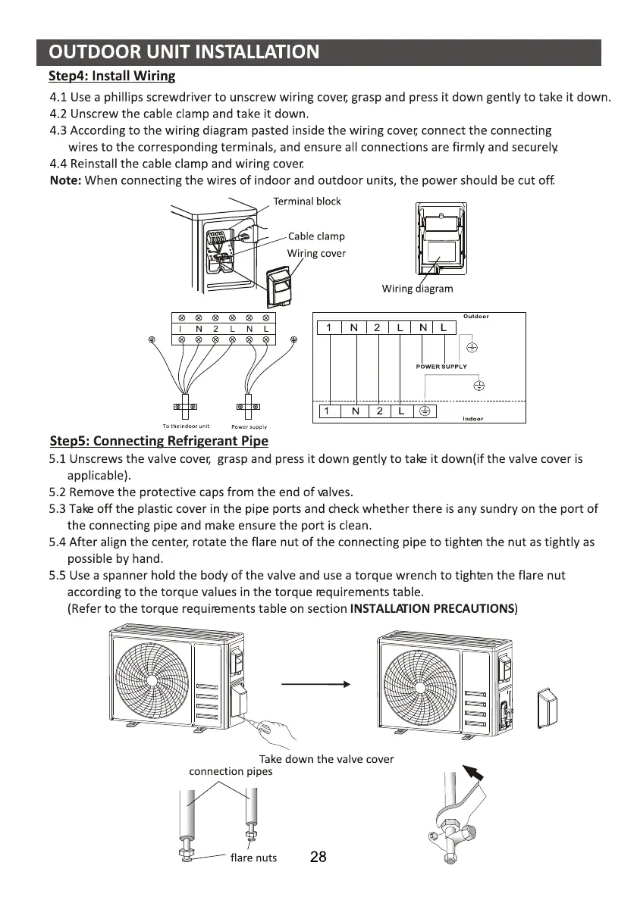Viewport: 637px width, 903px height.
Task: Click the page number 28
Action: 318,857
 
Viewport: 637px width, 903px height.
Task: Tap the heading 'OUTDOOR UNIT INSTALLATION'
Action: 184,52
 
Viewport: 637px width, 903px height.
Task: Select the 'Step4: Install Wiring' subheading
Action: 111,76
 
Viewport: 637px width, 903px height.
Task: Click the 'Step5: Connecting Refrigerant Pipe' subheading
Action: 159,441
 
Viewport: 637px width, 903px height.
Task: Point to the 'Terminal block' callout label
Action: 306,202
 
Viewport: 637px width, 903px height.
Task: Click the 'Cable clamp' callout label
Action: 316,236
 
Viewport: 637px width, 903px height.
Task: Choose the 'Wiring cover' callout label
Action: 316,253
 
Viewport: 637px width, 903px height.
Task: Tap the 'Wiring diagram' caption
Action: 417,289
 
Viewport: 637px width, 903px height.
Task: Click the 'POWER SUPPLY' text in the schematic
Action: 441,366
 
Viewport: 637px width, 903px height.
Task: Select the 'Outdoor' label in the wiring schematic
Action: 476,316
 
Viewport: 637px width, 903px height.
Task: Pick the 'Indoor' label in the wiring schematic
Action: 472,419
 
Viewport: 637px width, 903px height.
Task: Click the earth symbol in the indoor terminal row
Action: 425,411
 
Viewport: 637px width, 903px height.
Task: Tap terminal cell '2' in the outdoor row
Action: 376,328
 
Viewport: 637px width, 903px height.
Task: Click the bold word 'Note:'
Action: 66,181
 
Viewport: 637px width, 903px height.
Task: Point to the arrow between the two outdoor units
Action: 316,684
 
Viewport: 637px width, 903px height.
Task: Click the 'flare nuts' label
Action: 253,858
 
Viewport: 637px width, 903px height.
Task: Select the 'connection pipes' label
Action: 231,772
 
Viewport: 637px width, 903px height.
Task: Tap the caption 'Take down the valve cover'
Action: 326,760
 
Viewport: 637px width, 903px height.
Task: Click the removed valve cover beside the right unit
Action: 547,708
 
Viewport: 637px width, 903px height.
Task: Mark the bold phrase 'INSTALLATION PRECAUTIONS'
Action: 432,609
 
